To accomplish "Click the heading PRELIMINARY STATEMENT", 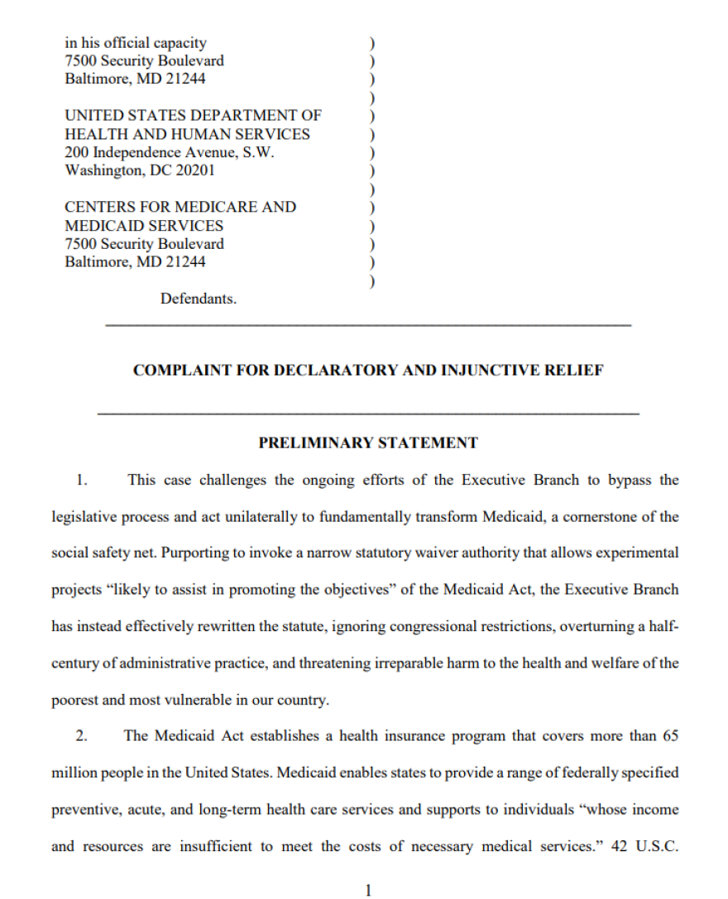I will tap(368, 442).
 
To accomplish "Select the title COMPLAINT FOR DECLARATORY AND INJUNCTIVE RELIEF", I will tap(368, 371).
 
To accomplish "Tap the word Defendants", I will tap(199, 299).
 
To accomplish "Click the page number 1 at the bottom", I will tap(369, 890).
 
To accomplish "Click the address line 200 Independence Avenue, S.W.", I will tap(170, 152).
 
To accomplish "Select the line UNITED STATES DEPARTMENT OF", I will tap(193, 116).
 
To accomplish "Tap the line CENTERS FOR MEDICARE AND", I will tap(180, 207).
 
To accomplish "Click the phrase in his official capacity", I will tap(136, 42).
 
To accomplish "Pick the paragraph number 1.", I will tap(81, 480).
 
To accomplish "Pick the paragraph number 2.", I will tap(81, 735).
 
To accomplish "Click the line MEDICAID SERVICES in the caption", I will tap(144, 225).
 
